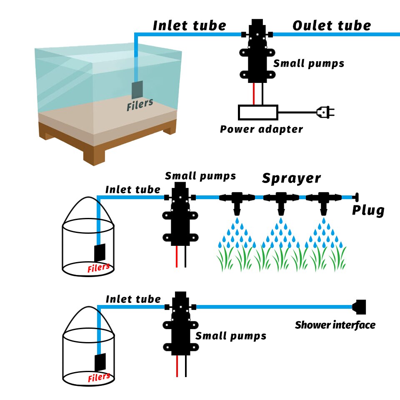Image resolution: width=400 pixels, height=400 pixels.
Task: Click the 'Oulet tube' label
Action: point(331,25)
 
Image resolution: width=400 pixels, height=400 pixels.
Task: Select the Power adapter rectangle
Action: point(257,112)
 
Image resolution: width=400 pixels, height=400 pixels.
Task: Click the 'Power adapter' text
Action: point(261,129)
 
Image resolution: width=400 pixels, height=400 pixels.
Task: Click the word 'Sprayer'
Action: point(291,178)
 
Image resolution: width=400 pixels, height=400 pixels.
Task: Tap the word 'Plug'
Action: point(368,210)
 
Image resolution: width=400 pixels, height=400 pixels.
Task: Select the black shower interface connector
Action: point(359,307)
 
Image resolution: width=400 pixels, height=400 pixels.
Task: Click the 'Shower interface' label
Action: point(335,325)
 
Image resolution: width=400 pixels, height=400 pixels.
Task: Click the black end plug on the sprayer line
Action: point(356,197)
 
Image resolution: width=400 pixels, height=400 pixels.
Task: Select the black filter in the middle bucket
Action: point(100,252)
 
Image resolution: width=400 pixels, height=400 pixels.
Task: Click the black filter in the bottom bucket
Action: point(100,362)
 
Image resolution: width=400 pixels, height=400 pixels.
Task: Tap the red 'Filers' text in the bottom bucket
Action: point(99,377)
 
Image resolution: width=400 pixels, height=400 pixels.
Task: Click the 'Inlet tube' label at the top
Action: point(189,25)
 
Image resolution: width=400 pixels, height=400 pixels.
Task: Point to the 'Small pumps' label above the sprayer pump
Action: point(200,176)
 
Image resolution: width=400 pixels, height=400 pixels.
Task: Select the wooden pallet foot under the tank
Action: point(95,157)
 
